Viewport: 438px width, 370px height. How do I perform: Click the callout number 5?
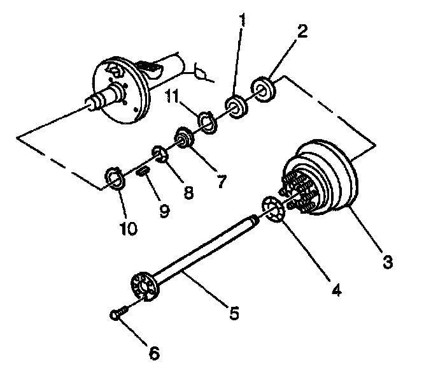tap(234, 313)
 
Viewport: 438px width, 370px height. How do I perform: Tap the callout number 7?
tap(221, 181)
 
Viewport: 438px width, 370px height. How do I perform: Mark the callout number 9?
tap(164, 211)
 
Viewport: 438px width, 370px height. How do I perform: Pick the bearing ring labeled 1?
tap(236, 107)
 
